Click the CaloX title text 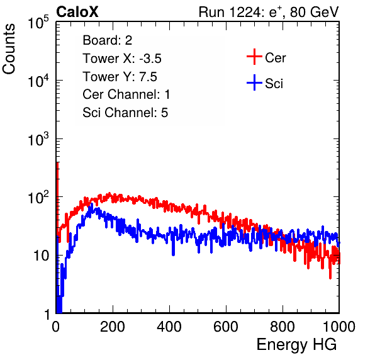(x=77, y=12)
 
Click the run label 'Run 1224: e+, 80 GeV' (x=269, y=12)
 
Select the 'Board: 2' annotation (x=107, y=40)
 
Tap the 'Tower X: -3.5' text (x=122, y=59)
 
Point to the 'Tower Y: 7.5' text (x=120, y=77)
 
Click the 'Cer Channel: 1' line (x=126, y=94)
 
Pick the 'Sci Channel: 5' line (x=125, y=113)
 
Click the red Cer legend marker (x=254, y=57)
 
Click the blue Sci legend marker (x=254, y=82)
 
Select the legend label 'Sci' (x=274, y=84)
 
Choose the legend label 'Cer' (x=275, y=58)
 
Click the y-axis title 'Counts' (x=9, y=49)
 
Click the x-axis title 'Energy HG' (x=296, y=345)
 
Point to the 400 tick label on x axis (x=169, y=327)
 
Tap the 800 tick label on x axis (x=283, y=327)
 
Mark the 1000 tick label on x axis (x=339, y=327)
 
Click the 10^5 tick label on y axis (x=38, y=23)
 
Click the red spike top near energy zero (x=57, y=163)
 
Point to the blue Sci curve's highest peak (x=92, y=204)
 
